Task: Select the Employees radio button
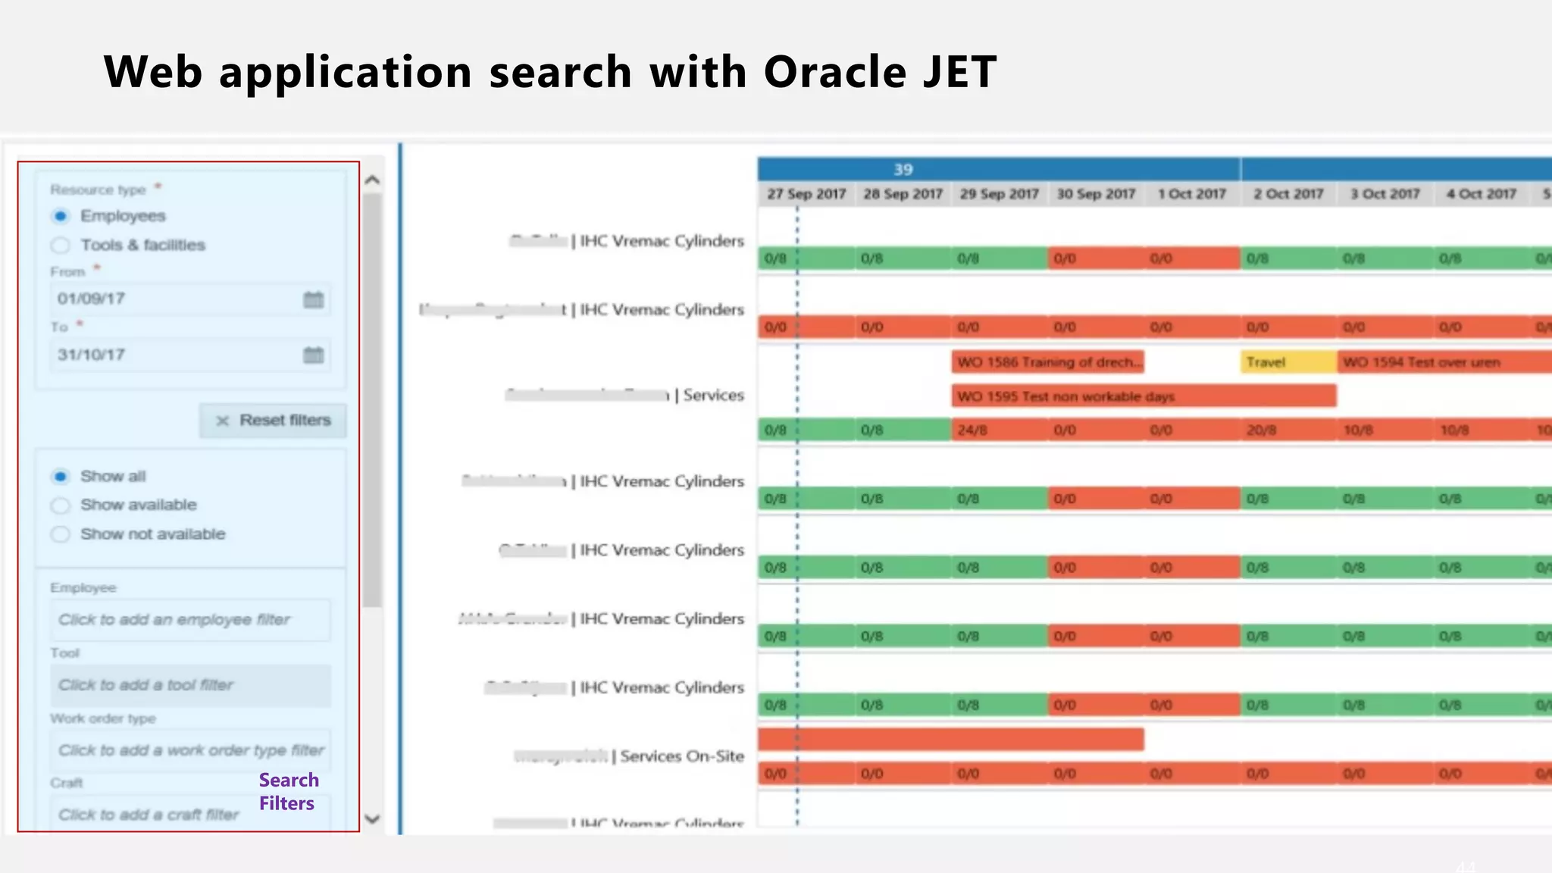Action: [x=61, y=217]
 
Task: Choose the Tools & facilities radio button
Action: [x=61, y=246]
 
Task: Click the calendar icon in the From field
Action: [x=313, y=299]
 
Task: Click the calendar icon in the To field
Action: [x=313, y=355]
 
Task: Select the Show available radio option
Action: [x=61, y=505]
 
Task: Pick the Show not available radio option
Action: [x=61, y=534]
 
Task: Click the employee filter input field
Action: [x=189, y=620]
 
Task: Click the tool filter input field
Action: [x=189, y=685]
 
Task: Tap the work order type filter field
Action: [x=189, y=750]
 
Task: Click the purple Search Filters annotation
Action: [x=289, y=792]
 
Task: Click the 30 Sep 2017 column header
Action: [x=1096, y=194]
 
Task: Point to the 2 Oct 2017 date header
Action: [x=1288, y=194]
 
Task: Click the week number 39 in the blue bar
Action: [x=903, y=170]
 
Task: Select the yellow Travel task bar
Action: [x=1288, y=362]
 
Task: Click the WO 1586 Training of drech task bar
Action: [x=1047, y=362]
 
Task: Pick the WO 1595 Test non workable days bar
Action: [x=1143, y=396]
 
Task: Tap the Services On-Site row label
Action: [x=681, y=756]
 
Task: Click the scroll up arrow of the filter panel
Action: [x=372, y=180]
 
